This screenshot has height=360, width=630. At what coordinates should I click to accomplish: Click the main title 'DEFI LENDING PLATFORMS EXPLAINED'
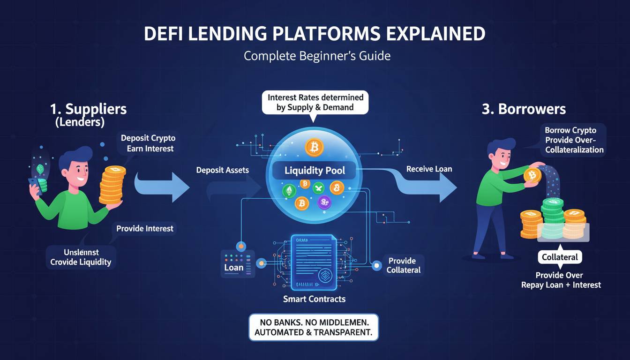click(315, 34)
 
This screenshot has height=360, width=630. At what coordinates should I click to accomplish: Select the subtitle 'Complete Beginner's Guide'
click(317, 56)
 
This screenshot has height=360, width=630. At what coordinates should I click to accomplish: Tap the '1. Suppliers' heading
click(89, 109)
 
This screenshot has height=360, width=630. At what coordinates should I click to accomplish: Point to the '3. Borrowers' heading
click(524, 109)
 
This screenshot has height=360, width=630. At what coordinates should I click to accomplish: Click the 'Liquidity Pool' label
click(315, 171)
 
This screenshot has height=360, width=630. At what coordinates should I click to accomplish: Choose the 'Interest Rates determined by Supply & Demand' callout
click(315, 103)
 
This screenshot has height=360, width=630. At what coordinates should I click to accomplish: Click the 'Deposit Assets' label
click(223, 170)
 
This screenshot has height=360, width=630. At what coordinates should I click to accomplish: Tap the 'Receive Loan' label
click(429, 169)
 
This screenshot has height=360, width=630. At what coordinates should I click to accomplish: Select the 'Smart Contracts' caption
click(314, 299)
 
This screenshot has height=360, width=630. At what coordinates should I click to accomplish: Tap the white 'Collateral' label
click(560, 257)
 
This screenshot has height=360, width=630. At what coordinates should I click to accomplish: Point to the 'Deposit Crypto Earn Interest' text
click(147, 143)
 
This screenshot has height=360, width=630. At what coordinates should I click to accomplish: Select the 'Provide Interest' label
click(145, 229)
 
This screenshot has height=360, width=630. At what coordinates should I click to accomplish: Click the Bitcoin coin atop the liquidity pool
click(314, 147)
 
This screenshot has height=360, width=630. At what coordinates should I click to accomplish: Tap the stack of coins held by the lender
click(112, 185)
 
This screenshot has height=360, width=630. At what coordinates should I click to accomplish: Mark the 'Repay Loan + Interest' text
click(561, 285)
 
